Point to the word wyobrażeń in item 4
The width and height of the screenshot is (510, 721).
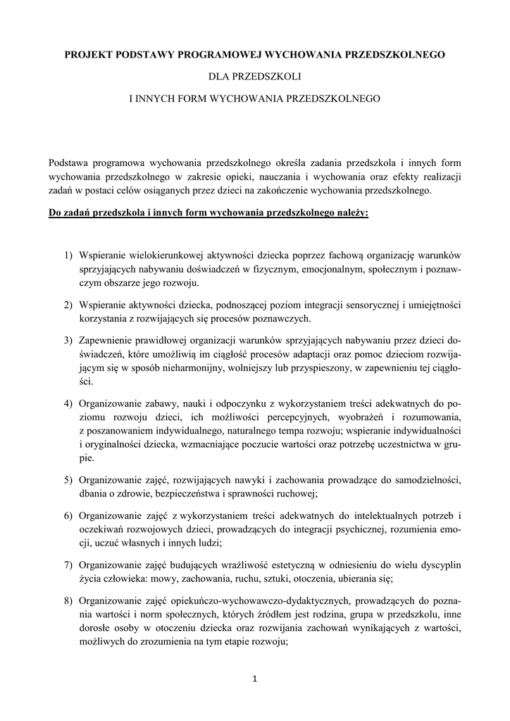coord(343,418)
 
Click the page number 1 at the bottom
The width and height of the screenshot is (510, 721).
coord(255,678)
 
